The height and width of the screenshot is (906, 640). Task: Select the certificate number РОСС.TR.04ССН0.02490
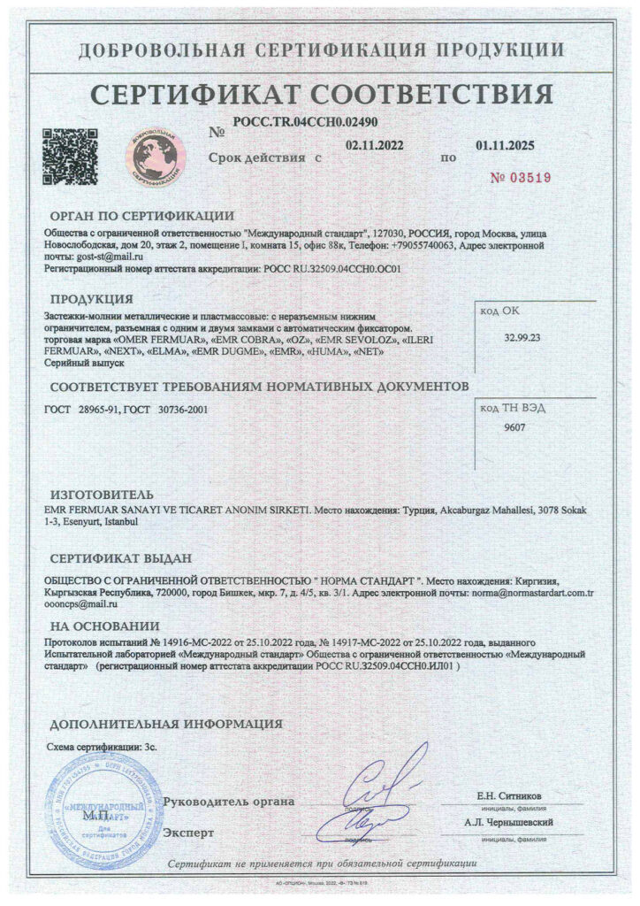pyautogui.click(x=306, y=123)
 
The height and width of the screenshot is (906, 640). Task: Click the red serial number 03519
pyautogui.click(x=521, y=177)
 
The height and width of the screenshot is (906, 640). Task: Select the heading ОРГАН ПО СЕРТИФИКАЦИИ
pyautogui.click(x=141, y=215)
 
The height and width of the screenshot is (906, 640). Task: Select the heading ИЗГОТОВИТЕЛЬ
pyautogui.click(x=102, y=494)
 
